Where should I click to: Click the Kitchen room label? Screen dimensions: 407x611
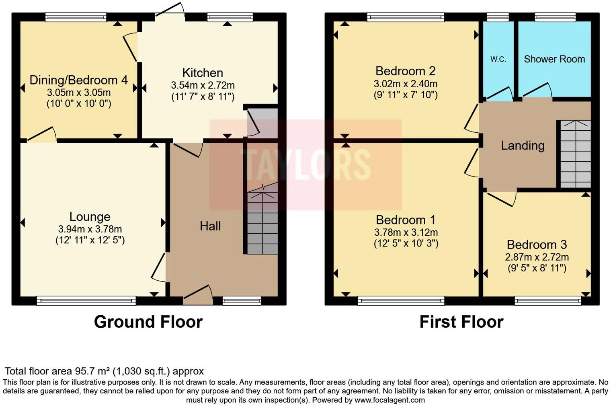click(203, 73)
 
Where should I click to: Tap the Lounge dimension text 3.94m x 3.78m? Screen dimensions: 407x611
click(90, 229)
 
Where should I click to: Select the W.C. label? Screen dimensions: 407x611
click(498, 59)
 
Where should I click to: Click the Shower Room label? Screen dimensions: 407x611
click(554, 59)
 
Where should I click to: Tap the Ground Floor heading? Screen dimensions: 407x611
click(148, 322)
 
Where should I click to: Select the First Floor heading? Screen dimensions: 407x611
click(461, 322)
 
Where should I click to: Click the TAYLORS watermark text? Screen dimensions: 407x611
click(305, 164)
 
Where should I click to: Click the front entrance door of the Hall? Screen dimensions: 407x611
click(198, 294)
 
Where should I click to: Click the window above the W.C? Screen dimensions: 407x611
click(497, 17)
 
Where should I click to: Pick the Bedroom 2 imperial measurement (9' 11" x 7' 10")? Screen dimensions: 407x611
click(406, 95)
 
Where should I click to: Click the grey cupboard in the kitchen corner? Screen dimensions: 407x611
click(262, 123)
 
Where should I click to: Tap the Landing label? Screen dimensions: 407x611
click(522, 145)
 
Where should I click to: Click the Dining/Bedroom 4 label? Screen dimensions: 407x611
click(79, 80)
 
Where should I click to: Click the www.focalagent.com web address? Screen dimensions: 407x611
click(390, 400)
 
